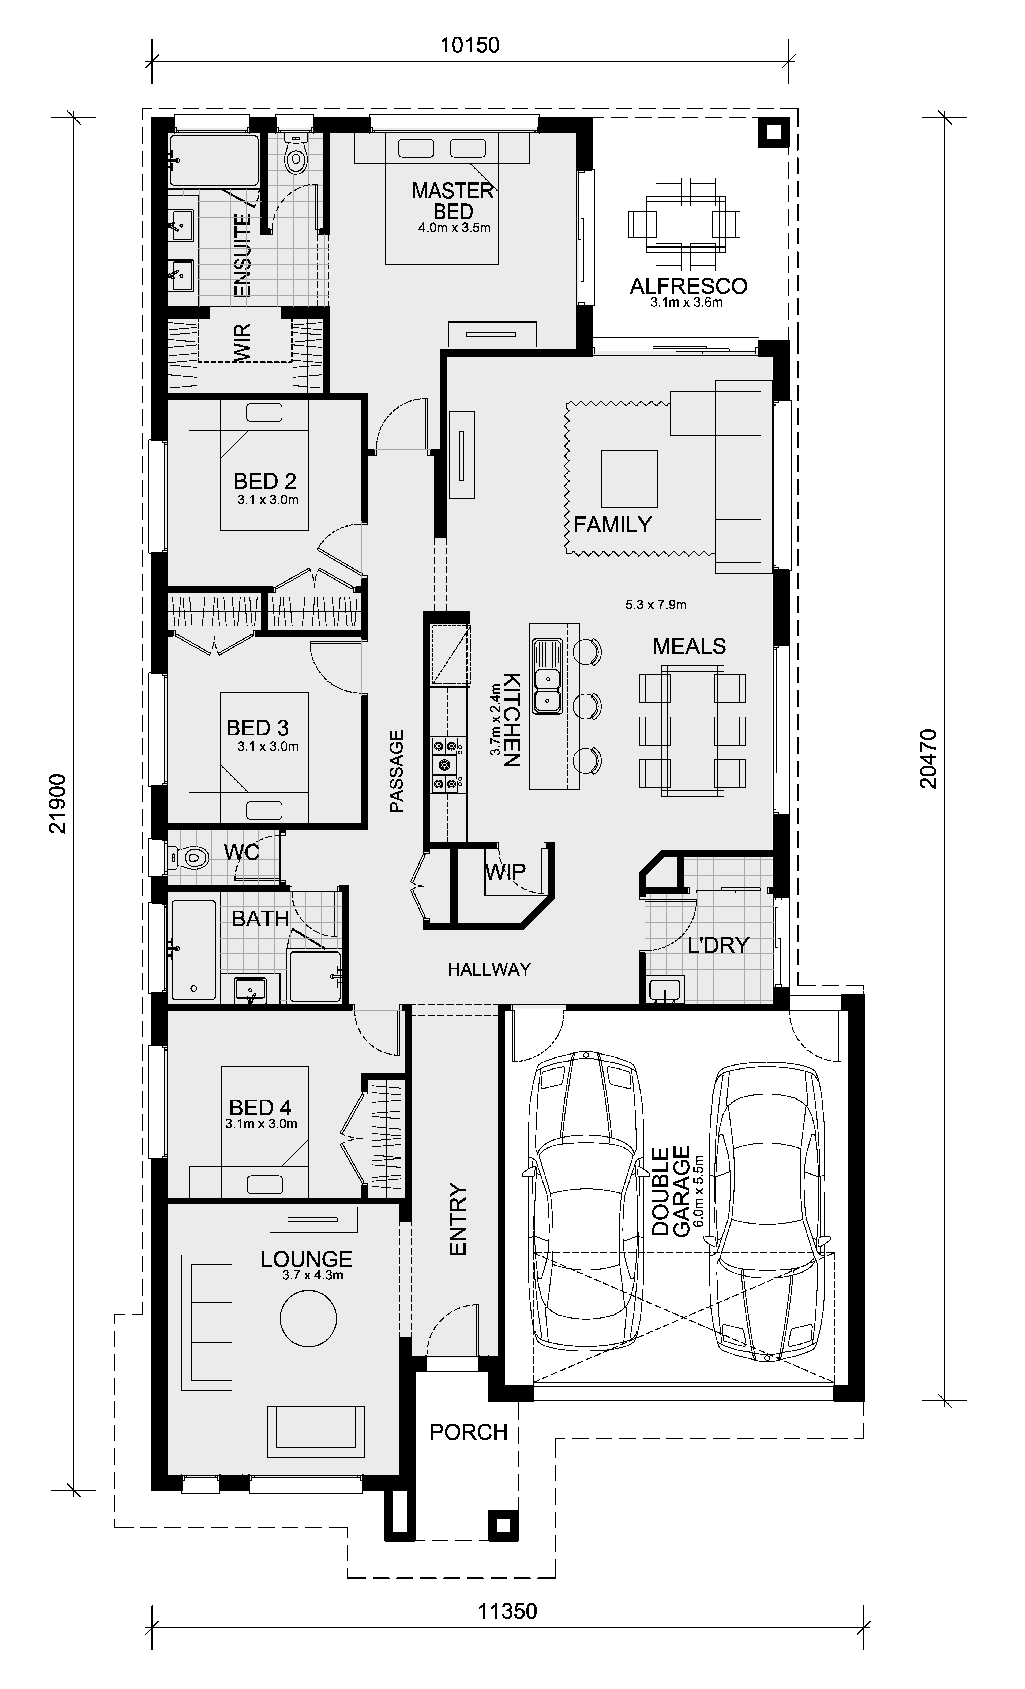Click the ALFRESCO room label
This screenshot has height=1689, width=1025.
pos(688,286)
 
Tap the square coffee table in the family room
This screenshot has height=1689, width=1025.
pos(629,478)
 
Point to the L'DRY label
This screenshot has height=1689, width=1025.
pos(718,945)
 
